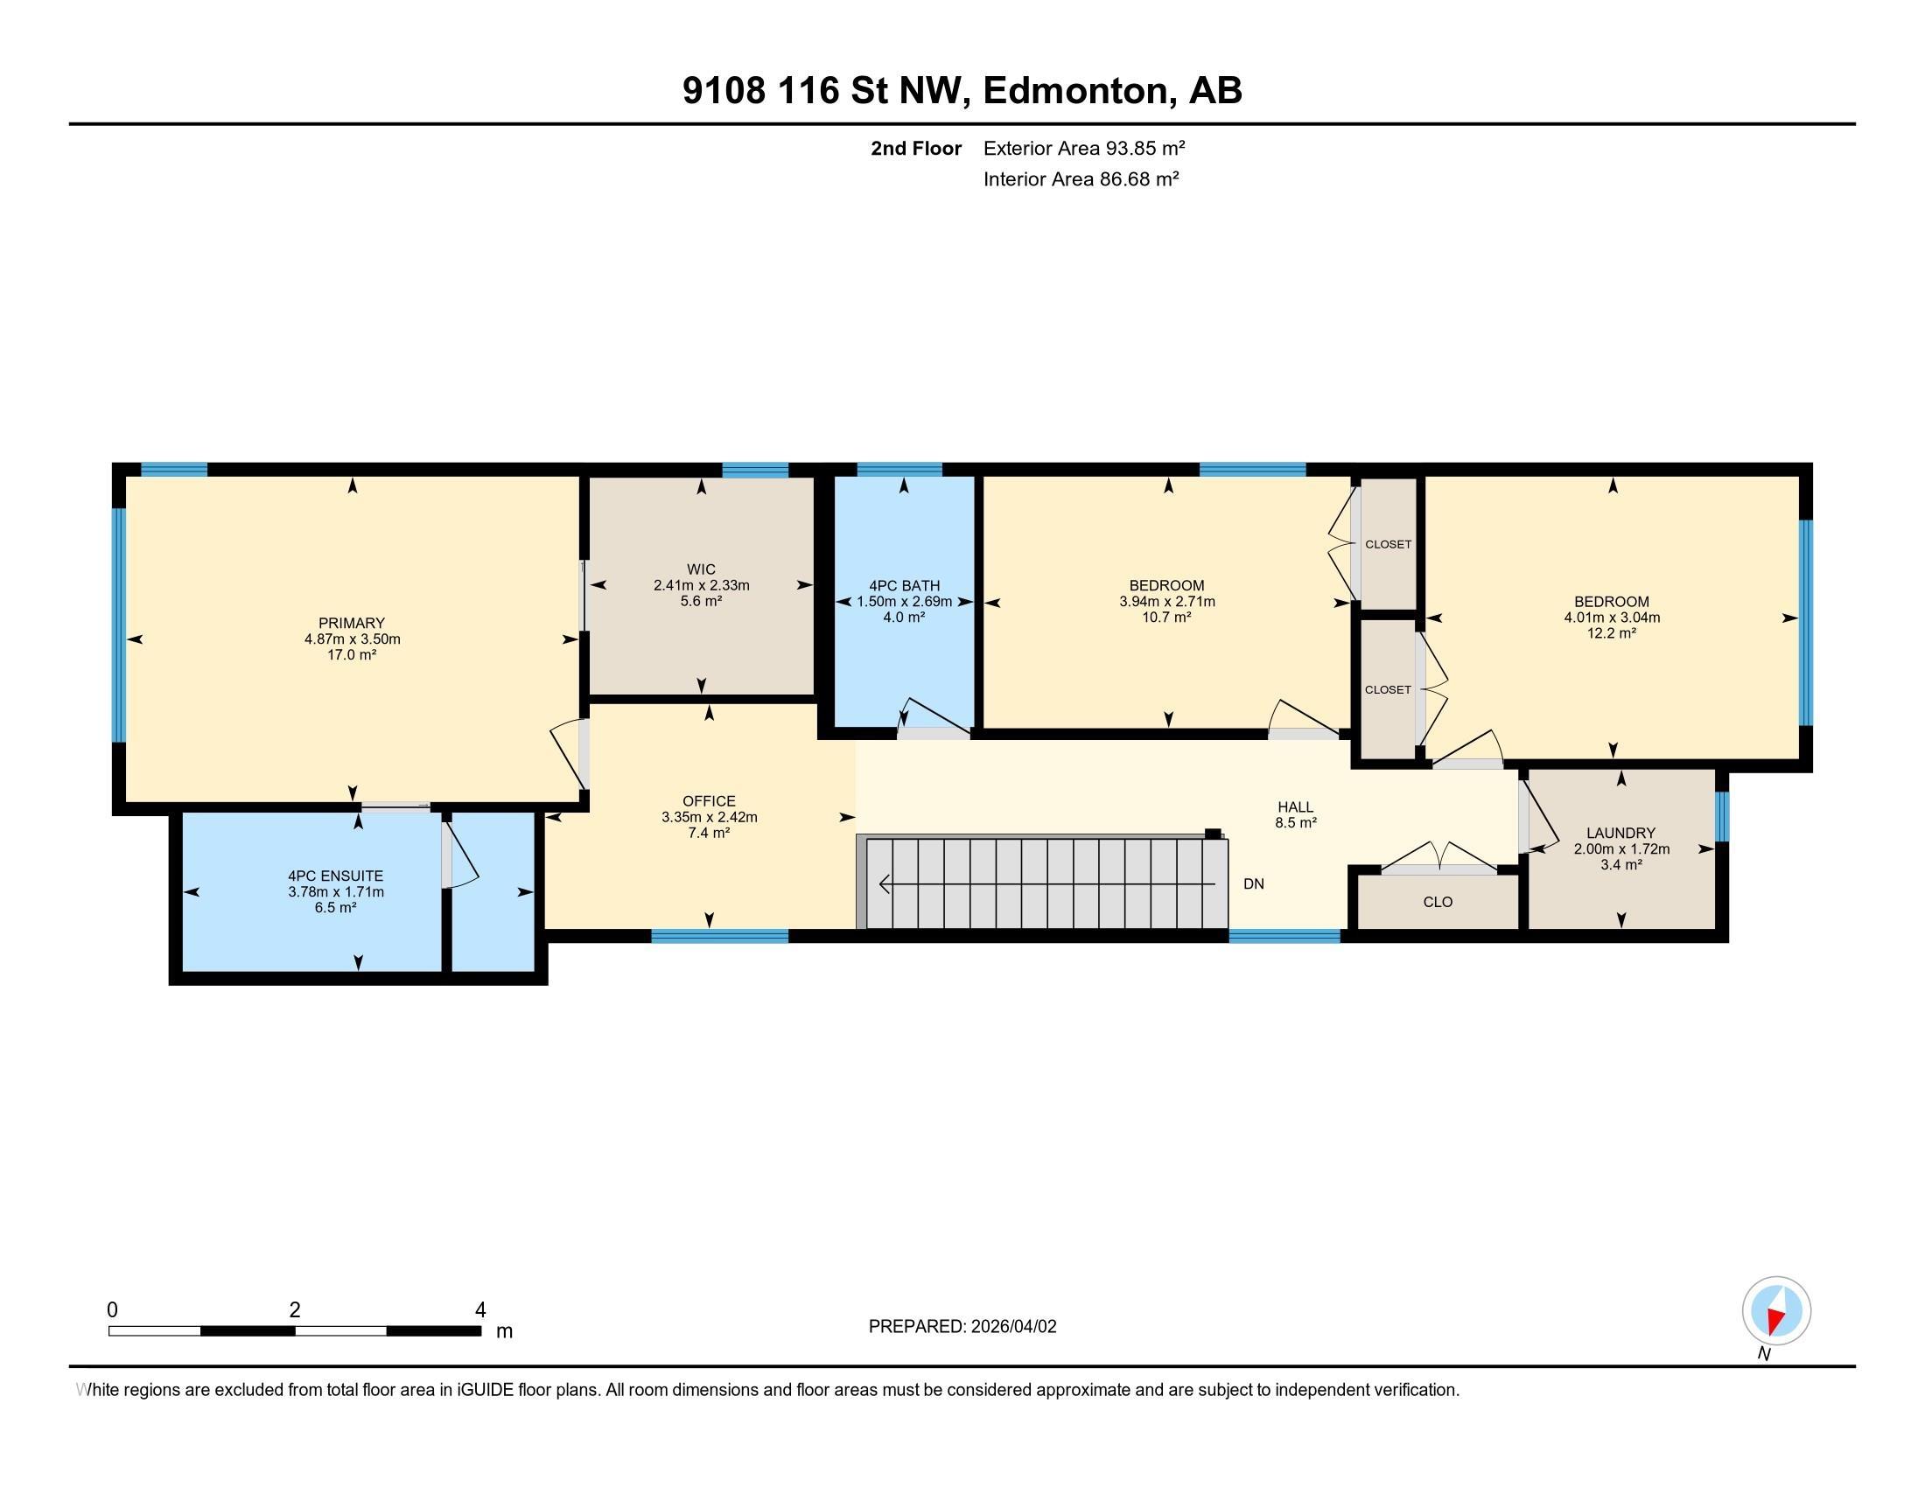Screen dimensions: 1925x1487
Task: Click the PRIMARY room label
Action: click(x=352, y=623)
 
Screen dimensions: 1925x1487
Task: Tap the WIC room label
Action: click(x=702, y=569)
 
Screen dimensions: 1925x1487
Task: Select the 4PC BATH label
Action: click(x=905, y=585)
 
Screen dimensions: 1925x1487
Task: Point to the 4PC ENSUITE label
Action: click(x=336, y=876)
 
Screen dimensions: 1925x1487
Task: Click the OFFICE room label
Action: click(x=710, y=800)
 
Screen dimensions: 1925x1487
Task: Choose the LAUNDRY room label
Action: click(x=1620, y=833)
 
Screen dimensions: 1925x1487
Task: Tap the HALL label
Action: click(x=1296, y=806)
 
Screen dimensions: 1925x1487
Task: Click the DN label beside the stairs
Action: click(x=1253, y=883)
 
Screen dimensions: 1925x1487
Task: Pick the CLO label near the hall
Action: click(x=1438, y=902)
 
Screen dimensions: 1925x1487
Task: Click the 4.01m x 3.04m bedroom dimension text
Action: click(x=1612, y=617)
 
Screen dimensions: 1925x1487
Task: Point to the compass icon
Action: click(x=1776, y=1311)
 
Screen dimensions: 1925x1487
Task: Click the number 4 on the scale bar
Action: click(x=480, y=1310)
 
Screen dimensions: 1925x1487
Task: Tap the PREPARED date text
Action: click(x=962, y=1327)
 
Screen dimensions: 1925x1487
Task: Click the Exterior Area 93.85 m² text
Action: click(x=1084, y=148)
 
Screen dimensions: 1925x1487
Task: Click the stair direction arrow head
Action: click(x=885, y=883)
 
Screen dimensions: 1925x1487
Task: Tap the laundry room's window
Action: click(x=1722, y=817)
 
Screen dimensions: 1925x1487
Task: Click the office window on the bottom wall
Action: click(x=719, y=937)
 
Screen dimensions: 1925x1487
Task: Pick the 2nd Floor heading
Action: click(x=916, y=148)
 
